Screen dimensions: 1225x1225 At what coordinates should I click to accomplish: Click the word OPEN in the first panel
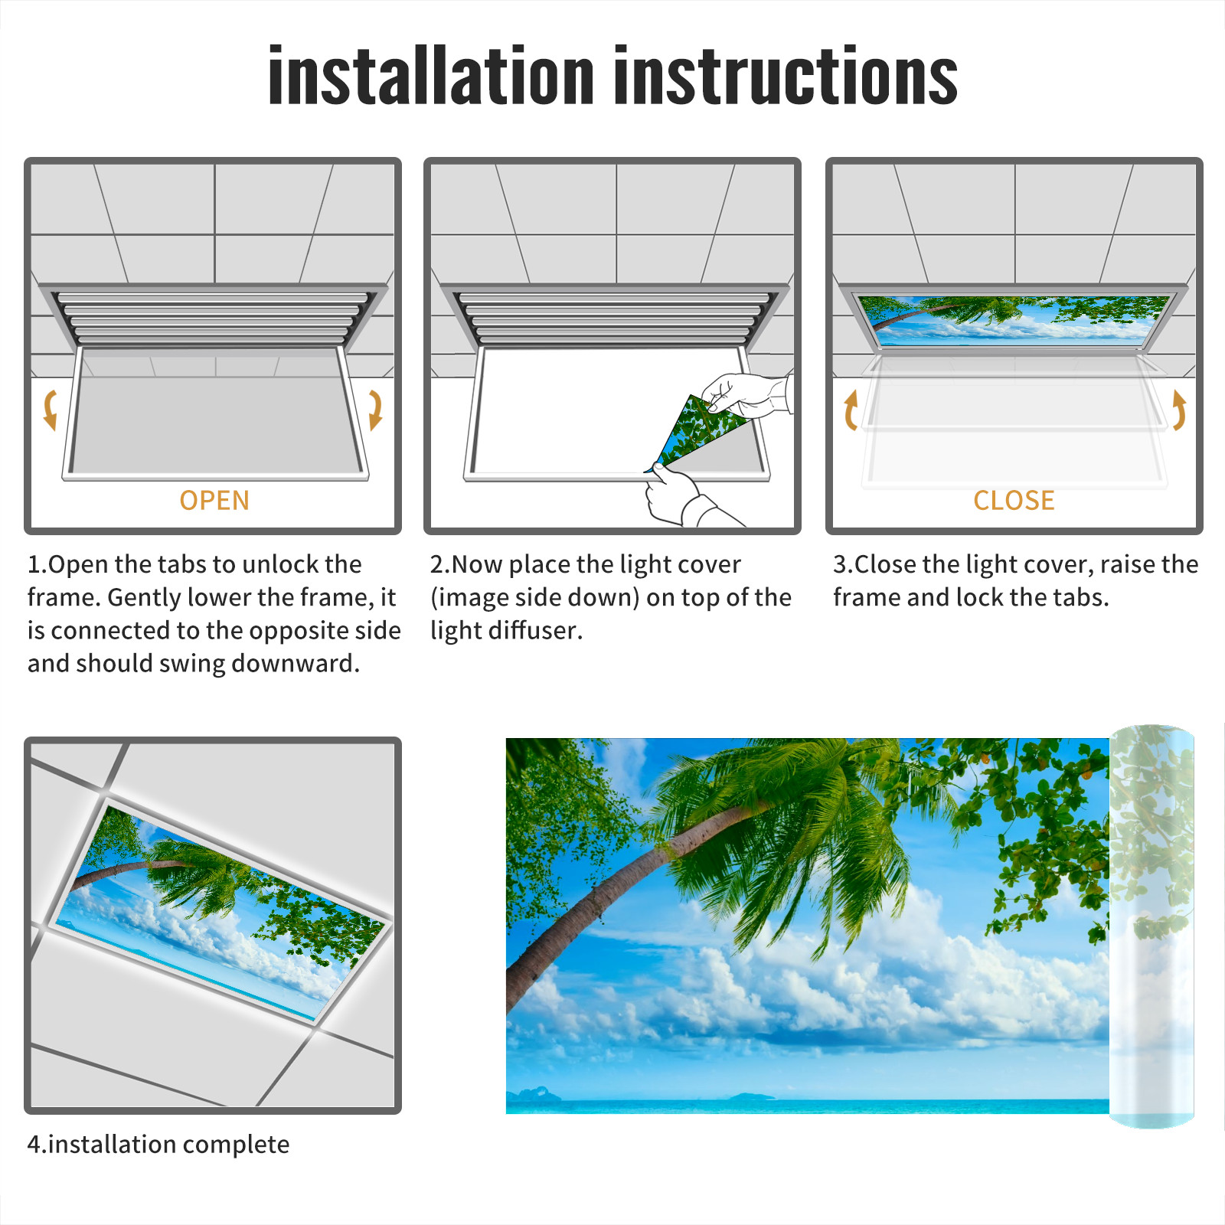pos(214,500)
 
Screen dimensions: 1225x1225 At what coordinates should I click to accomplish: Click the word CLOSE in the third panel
pos(1014,500)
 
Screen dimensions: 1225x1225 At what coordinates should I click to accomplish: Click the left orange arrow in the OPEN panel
pos(50,410)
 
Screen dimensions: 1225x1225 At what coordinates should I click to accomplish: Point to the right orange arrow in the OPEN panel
pos(375,410)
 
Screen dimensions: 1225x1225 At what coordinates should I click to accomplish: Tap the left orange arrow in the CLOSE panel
pos(850,410)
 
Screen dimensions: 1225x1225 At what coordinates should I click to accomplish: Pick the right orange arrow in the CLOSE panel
pos(1179,410)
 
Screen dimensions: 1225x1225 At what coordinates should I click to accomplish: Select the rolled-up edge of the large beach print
pos(1151,926)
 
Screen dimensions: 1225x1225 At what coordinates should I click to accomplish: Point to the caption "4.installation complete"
pos(158,1145)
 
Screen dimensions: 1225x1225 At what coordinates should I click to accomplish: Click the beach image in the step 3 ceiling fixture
pos(1014,319)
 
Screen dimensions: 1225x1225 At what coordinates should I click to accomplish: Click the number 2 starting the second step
pos(437,564)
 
